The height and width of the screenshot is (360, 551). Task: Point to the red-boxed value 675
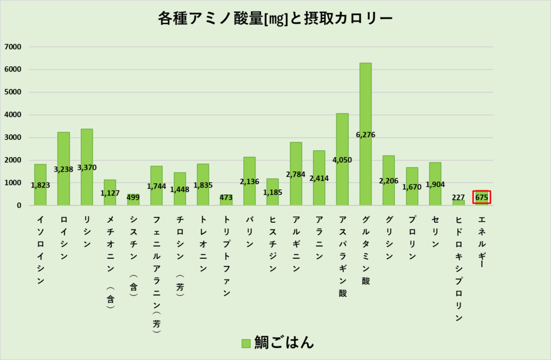tap(482, 197)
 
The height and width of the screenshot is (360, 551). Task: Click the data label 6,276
tap(365, 135)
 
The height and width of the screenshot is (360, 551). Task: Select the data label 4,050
tap(342, 160)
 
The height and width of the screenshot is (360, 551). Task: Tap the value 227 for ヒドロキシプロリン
tap(458, 197)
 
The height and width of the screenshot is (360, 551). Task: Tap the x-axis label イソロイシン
tap(40, 250)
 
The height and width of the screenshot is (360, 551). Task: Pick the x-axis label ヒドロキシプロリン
tap(458, 269)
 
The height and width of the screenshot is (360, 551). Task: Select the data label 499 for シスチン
tap(133, 197)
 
